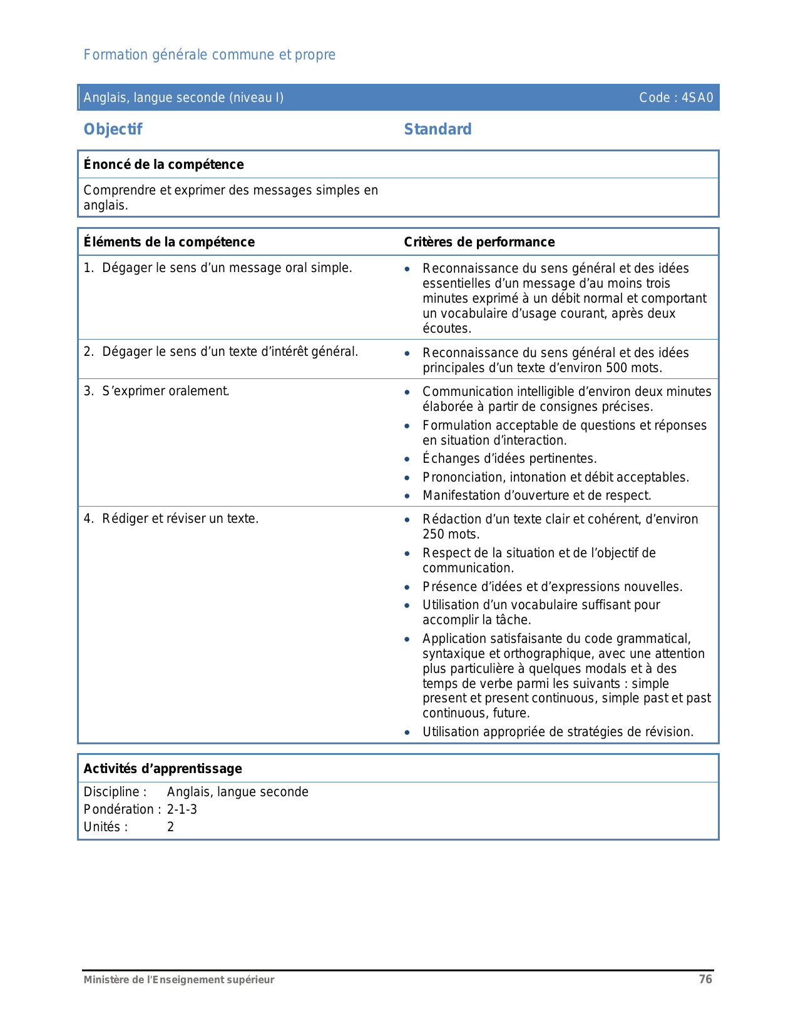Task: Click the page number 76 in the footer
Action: [705, 979]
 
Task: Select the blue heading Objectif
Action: [113, 129]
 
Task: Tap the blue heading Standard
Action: [437, 129]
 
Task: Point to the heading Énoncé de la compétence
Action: [163, 164]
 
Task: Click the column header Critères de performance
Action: [479, 242]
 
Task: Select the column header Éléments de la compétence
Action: [169, 242]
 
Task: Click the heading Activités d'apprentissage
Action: [163, 769]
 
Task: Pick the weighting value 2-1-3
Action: [182, 809]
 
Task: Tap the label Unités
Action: [105, 827]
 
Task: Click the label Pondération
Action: [118, 809]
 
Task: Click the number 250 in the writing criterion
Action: [433, 534]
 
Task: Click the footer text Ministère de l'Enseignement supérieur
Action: [179, 980]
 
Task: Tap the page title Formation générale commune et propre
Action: [209, 55]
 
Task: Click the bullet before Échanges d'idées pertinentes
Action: [407, 460]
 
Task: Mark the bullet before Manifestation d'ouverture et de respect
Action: [407, 497]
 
